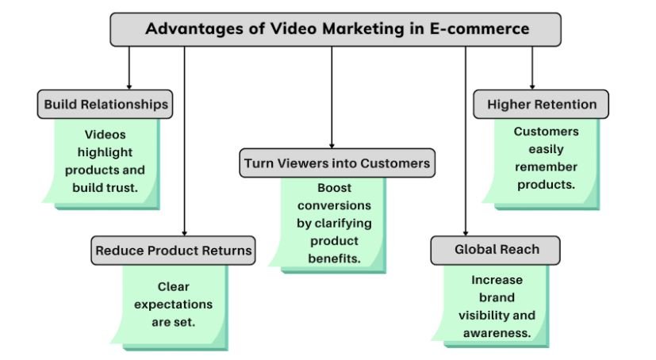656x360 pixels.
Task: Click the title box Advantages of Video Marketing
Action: pyautogui.click(x=336, y=29)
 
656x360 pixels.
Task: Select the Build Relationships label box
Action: pyautogui.click(x=105, y=104)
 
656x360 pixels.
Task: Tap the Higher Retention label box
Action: pyautogui.click(x=541, y=104)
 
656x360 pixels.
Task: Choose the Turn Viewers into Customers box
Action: pyautogui.click(x=337, y=163)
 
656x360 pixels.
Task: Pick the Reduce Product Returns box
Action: pyautogui.click(x=173, y=251)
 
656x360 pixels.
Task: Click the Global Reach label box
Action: pyautogui.click(x=497, y=250)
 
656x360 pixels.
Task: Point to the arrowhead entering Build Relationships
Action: pyautogui.click(x=129, y=86)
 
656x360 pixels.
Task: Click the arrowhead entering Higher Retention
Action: pyautogui.click(x=531, y=86)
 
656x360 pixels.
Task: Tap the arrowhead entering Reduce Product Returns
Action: pyautogui.click(x=184, y=232)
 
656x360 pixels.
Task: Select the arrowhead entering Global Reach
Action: pyautogui.click(x=465, y=232)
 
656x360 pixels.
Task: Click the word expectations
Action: pyautogui.click(x=173, y=304)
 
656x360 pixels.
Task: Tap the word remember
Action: pyautogui.click(x=546, y=167)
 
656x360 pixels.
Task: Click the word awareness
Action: pyautogui.click(x=497, y=332)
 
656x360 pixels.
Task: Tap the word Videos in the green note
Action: pyautogui.click(x=105, y=135)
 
